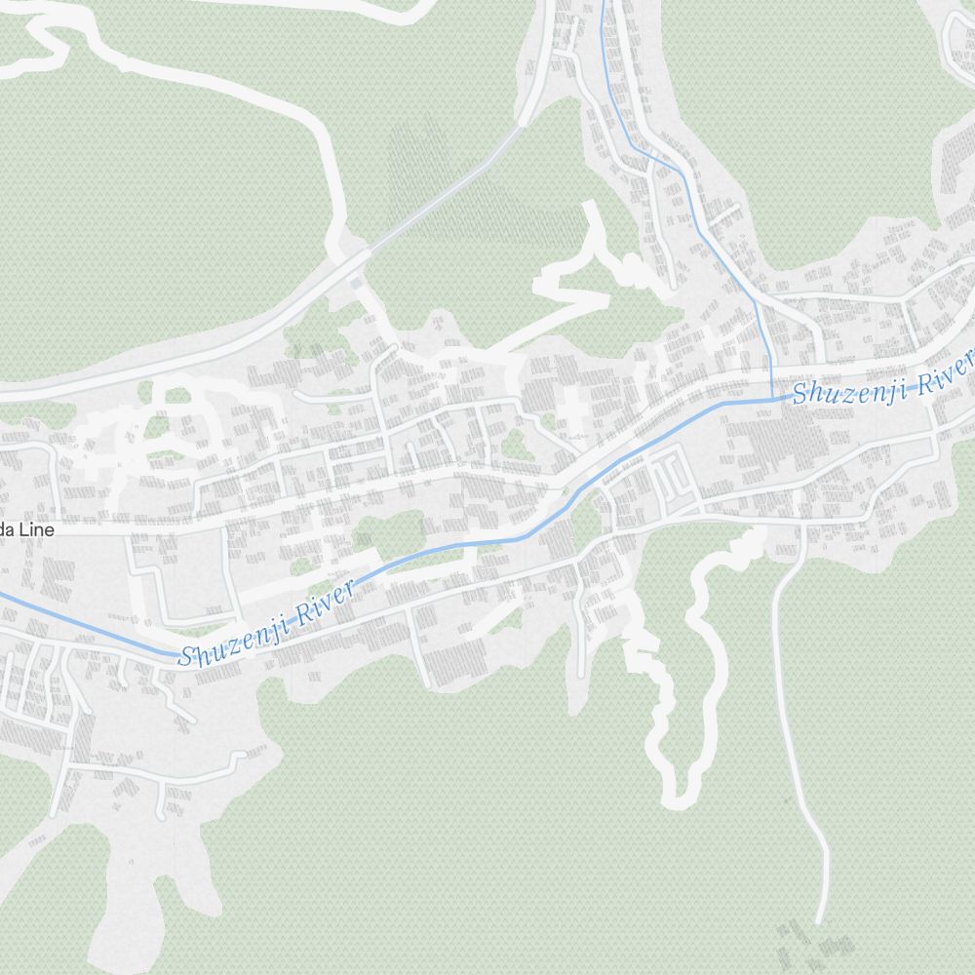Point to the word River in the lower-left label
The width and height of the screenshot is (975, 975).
coord(322,603)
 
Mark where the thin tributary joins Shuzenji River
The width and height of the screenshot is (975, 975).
coord(771,398)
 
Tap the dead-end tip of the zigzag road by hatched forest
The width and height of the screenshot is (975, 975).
coord(587,207)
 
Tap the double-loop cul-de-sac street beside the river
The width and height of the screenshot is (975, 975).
coord(671,475)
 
